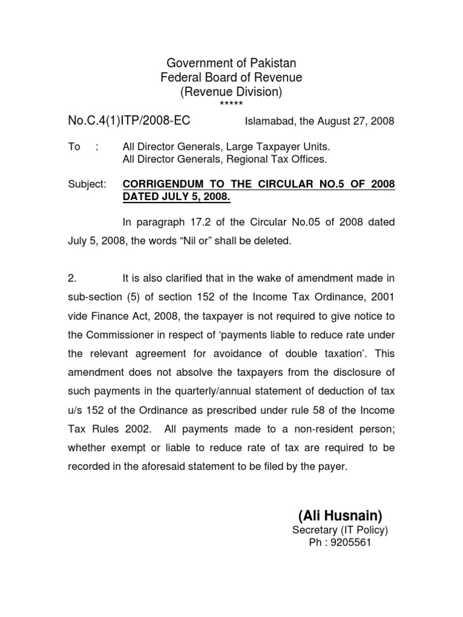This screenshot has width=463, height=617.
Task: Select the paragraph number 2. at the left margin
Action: (x=72, y=278)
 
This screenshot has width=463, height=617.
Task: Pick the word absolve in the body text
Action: (x=201, y=372)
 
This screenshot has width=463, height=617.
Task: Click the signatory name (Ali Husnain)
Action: (x=340, y=516)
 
